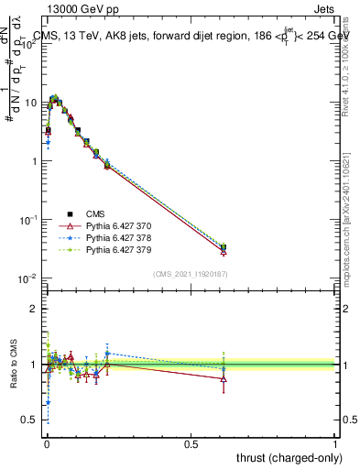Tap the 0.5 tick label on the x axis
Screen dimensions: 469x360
[191, 444]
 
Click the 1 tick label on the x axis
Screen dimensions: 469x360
[335, 444]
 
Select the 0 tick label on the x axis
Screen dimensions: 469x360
[46, 444]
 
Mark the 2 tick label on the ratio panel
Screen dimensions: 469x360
[34, 309]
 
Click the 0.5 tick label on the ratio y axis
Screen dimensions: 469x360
[29, 420]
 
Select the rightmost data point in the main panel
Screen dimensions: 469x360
[224, 247]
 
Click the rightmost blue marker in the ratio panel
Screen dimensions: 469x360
[224, 368]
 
